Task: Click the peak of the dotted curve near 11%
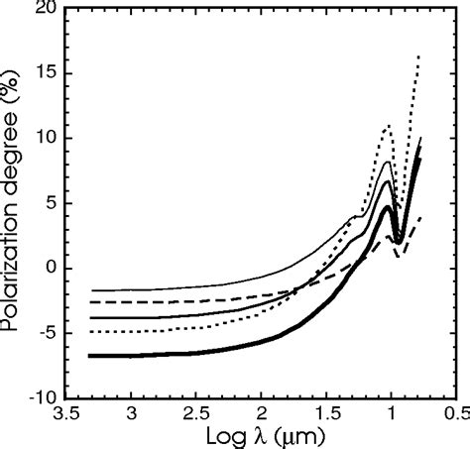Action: pyautogui.click(x=388, y=126)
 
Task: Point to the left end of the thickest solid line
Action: pyautogui.click(x=89, y=355)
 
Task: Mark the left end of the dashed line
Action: pyautogui.click(x=89, y=301)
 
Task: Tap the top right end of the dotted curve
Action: pyautogui.click(x=420, y=57)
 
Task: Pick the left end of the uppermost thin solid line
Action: pyautogui.click(x=89, y=290)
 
